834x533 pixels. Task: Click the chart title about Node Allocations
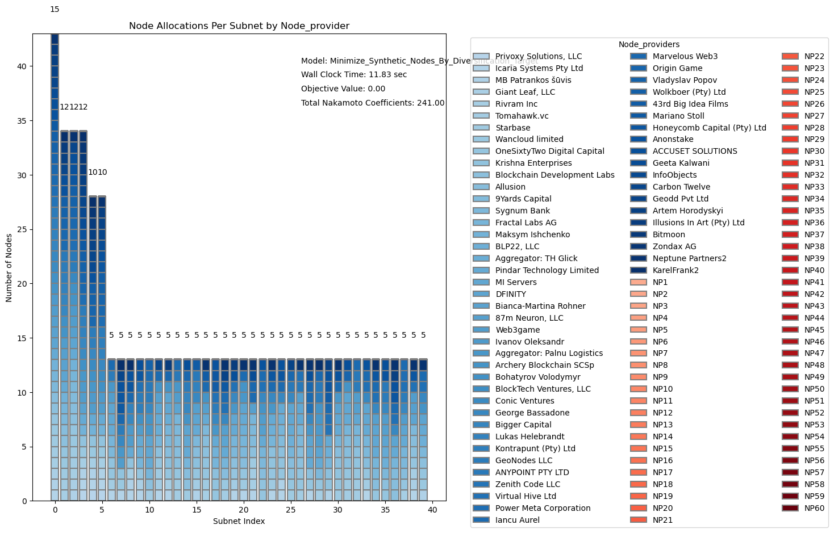click(x=239, y=26)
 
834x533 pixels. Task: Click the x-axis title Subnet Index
click(x=239, y=521)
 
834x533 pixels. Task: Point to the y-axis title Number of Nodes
click(x=9, y=267)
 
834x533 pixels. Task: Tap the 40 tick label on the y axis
click(x=22, y=66)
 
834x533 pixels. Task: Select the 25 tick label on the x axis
click(x=291, y=510)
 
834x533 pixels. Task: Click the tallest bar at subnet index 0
click(x=55, y=267)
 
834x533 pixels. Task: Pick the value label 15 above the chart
click(x=55, y=10)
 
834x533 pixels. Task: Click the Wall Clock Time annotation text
click(x=353, y=75)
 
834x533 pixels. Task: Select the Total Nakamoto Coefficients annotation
click(x=372, y=103)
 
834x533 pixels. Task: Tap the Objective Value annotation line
click(x=343, y=89)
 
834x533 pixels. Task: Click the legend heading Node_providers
click(x=649, y=44)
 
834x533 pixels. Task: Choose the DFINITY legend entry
click(x=510, y=294)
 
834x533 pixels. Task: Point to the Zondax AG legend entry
click(x=674, y=246)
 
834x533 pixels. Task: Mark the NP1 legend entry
click(x=660, y=282)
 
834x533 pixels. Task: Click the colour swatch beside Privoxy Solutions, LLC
click(x=481, y=56)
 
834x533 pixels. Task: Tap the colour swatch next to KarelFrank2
click(x=638, y=270)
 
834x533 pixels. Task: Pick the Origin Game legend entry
click(x=677, y=68)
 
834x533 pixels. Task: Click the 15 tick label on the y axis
click(x=22, y=338)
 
